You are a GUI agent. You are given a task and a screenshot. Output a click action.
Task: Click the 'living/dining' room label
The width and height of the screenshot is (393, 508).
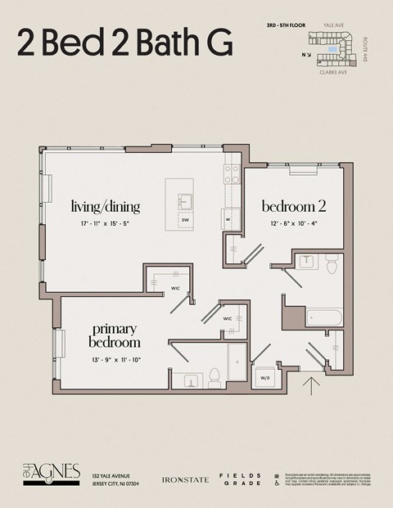click(105, 206)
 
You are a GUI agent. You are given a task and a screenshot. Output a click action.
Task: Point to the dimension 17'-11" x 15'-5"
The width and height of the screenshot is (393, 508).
click(105, 223)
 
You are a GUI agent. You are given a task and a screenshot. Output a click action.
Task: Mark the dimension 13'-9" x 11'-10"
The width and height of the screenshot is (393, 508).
click(115, 359)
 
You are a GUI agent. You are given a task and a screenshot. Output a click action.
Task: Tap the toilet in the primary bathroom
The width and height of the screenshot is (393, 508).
click(215, 375)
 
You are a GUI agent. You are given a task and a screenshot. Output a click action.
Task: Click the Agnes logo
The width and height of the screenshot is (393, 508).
click(52, 473)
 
